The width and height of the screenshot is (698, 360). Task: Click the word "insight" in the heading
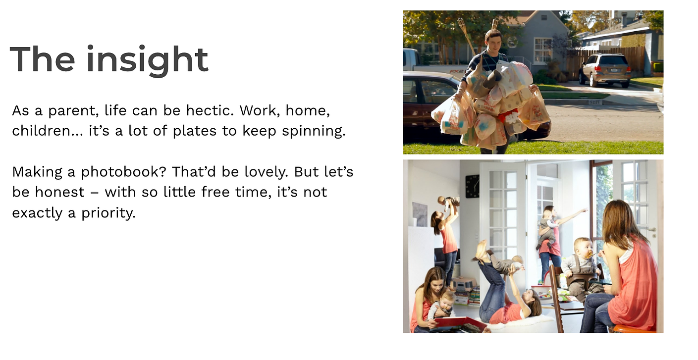coord(147,60)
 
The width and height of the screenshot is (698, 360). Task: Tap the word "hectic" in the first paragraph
coord(210,110)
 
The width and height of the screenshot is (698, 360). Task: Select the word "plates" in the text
coord(195,131)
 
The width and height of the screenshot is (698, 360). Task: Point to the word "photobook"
coord(123,172)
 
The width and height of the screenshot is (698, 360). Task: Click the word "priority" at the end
coord(108,213)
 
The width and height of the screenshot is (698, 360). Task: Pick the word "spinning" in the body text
coord(314,131)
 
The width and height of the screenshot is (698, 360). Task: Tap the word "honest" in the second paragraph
coord(59,192)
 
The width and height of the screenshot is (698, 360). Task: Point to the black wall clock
coord(473,186)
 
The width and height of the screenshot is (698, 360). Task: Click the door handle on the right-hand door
coord(651,229)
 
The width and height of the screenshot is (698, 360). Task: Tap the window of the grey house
coord(543,50)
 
